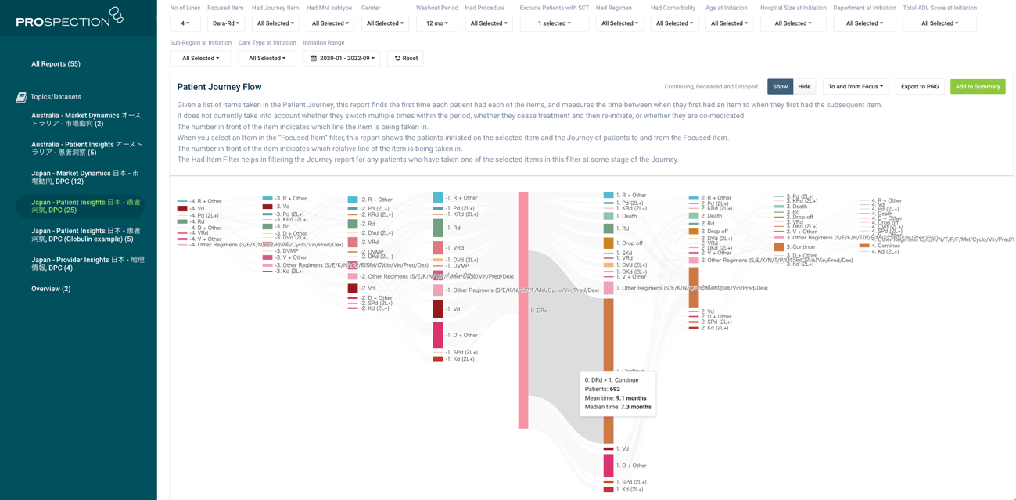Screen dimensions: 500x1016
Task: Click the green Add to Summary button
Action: (x=978, y=87)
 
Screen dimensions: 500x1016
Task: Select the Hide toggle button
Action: (x=804, y=87)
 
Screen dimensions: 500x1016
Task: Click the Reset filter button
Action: (x=405, y=59)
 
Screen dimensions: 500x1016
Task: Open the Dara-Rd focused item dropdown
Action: (x=226, y=24)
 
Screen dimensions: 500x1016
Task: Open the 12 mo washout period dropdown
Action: (x=436, y=24)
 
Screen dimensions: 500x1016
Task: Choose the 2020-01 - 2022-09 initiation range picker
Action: (x=342, y=59)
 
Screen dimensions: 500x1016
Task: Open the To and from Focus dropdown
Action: (x=855, y=87)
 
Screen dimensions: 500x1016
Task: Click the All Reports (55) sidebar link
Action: (x=56, y=64)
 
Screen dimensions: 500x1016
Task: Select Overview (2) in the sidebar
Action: (x=51, y=289)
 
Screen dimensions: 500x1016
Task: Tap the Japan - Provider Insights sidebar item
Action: (x=87, y=264)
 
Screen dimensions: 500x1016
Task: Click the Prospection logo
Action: (x=70, y=18)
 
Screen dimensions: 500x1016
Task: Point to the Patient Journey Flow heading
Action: (x=219, y=87)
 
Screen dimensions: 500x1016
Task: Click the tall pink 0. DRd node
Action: (x=523, y=311)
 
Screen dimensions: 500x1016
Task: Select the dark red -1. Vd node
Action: (x=438, y=309)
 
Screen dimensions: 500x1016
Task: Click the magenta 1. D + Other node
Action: (x=609, y=466)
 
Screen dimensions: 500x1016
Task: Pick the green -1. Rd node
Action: (x=438, y=228)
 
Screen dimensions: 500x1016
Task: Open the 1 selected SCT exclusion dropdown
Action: (x=555, y=24)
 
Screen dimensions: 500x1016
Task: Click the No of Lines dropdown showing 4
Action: (x=185, y=24)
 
